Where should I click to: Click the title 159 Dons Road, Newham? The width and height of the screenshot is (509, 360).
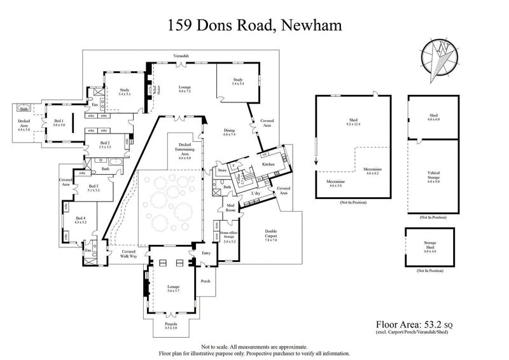click(x=254, y=26)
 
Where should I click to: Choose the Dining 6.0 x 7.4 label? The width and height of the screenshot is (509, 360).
click(x=229, y=132)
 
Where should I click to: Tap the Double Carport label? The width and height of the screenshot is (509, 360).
click(x=261, y=239)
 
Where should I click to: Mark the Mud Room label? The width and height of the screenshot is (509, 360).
click(x=230, y=207)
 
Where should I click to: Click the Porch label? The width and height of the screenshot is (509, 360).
click(x=206, y=280)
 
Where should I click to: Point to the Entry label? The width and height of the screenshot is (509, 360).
click(x=206, y=253)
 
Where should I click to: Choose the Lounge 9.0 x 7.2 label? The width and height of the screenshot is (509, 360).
click(x=185, y=90)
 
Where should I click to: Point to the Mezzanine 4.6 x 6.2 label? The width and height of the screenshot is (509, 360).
click(x=372, y=172)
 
